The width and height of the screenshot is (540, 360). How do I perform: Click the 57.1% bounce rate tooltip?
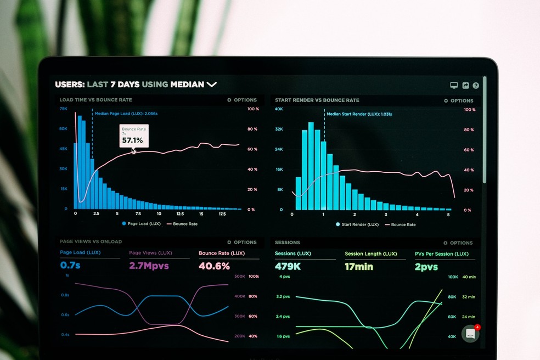134,136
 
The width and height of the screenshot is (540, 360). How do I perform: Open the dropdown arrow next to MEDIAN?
212,85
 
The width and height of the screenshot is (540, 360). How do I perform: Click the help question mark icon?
476,86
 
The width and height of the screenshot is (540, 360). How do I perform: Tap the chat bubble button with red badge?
470,333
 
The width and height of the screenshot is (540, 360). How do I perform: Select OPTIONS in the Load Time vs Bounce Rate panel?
242,100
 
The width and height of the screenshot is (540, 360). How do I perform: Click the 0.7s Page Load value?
70,266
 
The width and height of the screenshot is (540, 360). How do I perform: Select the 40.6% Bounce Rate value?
214,266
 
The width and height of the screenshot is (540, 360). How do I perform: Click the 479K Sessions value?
288,267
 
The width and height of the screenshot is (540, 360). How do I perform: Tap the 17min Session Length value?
359,267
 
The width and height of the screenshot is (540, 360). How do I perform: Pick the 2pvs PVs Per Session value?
426,267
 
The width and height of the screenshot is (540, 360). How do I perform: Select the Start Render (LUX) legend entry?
357,224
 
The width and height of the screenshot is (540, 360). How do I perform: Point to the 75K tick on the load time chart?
64,109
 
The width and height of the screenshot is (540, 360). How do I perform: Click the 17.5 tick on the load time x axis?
222,214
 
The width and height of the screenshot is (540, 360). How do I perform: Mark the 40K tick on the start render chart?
279,109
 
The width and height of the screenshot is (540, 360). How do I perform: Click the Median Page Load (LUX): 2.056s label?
126,114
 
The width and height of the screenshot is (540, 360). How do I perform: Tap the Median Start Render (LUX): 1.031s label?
359,114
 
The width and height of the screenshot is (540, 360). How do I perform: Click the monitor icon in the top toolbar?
454,86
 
